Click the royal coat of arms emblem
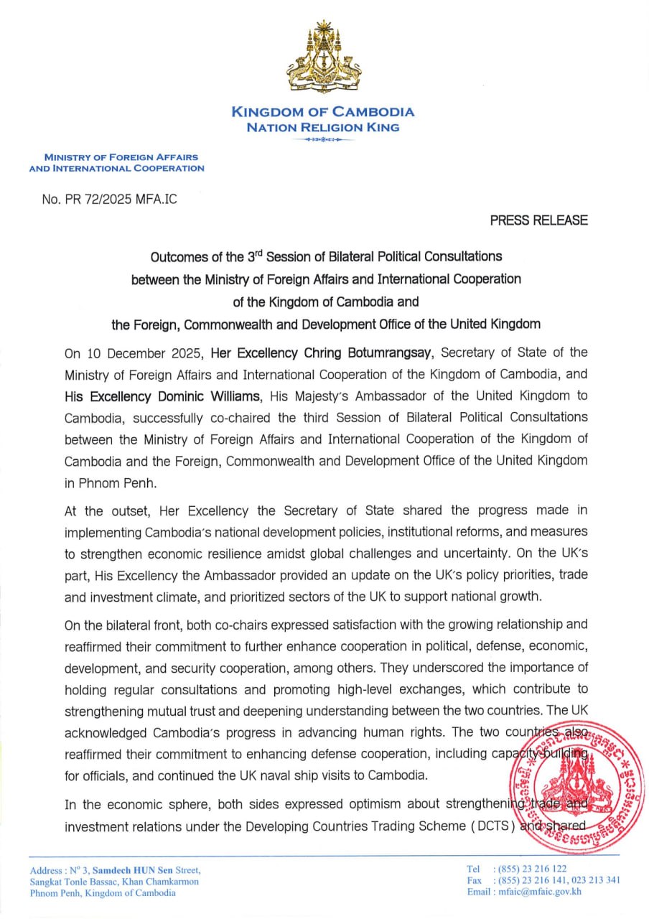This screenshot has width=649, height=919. (x=322, y=57)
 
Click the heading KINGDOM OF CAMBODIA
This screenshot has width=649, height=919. (x=322, y=112)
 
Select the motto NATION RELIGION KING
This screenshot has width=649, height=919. (x=322, y=127)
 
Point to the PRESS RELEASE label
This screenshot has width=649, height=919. (x=538, y=220)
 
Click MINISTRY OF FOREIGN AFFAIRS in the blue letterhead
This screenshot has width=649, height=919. (x=121, y=157)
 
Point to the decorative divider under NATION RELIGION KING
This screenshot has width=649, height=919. (x=322, y=139)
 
